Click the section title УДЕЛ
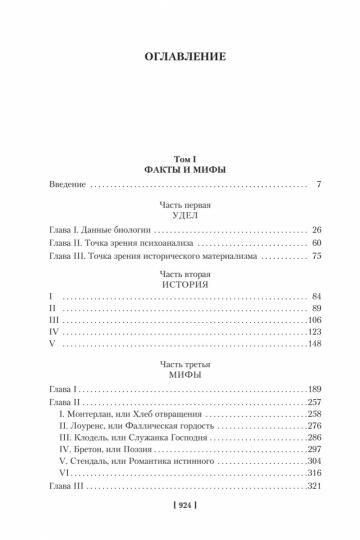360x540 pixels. click(x=180, y=212)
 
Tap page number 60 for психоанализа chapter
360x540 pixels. click(x=314, y=242)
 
